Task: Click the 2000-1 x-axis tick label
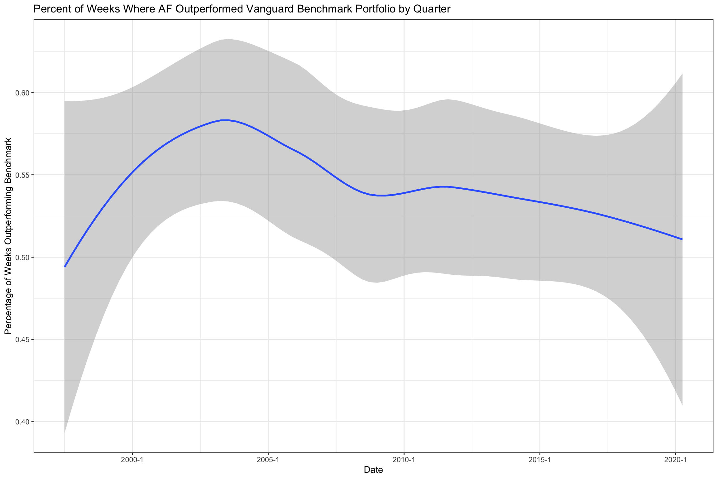tap(132, 460)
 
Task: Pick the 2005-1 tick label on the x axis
tap(268, 460)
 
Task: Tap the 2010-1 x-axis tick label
tap(404, 460)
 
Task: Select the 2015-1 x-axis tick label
tap(539, 460)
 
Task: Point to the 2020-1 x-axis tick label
tap(675, 460)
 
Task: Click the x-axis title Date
tap(373, 470)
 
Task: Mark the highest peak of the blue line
tap(225, 120)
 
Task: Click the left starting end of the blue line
tap(65, 267)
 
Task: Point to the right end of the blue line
tap(682, 239)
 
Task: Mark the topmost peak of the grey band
tap(228, 39)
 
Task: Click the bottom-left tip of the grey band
tap(65, 433)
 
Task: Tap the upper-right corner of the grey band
tap(682, 74)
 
